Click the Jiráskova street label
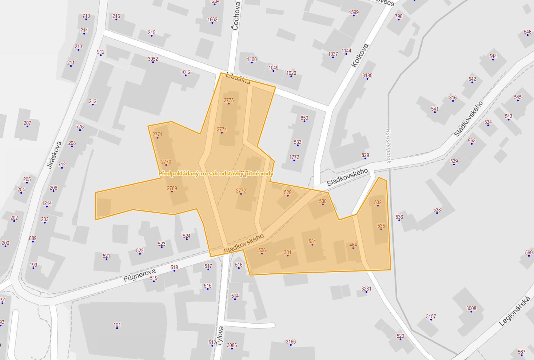(55, 155)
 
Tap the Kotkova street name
(360, 55)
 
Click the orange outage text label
(216, 174)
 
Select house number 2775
(228, 100)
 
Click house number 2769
(172, 188)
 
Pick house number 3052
(153, 59)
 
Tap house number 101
(117, 325)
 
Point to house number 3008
(471, 308)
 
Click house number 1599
(354, 12)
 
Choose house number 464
(353, 245)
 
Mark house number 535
(381, 226)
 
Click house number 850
(304, 118)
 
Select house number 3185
(367, 76)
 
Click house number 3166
(291, 341)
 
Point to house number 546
(527, 32)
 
